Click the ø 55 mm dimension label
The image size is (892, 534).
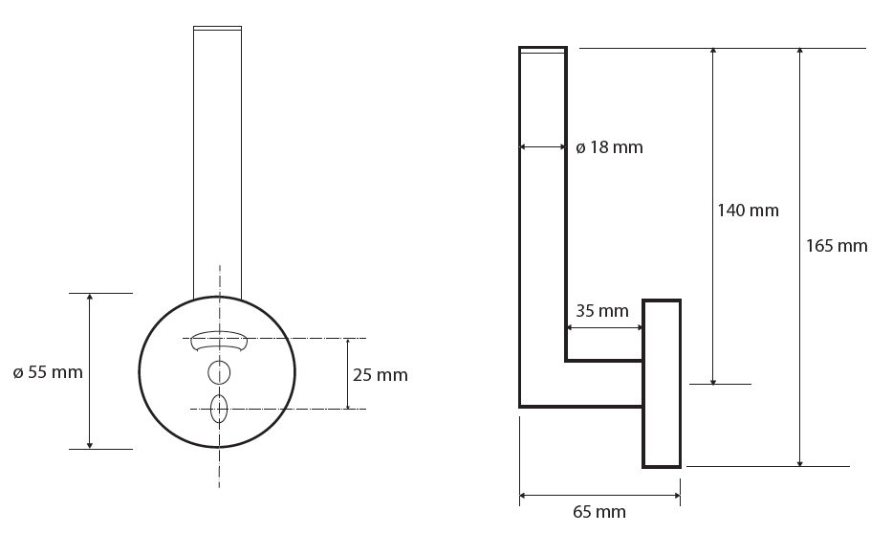[48, 372]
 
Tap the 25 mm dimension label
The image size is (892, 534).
[380, 375]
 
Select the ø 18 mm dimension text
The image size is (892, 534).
[609, 147]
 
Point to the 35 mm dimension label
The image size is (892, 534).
[602, 311]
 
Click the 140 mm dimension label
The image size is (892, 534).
[748, 211]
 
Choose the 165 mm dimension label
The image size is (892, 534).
[837, 246]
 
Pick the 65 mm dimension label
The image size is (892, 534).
[599, 512]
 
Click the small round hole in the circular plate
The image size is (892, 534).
[219, 373]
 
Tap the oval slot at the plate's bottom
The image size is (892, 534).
[219, 409]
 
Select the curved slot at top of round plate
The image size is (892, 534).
[219, 340]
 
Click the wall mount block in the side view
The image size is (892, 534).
[662, 383]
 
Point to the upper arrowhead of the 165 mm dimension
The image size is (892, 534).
[800, 52]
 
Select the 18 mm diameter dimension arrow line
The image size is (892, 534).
[543, 146]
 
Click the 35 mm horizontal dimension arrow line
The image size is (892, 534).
[605, 327]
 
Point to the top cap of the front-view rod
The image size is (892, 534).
[217, 28]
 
